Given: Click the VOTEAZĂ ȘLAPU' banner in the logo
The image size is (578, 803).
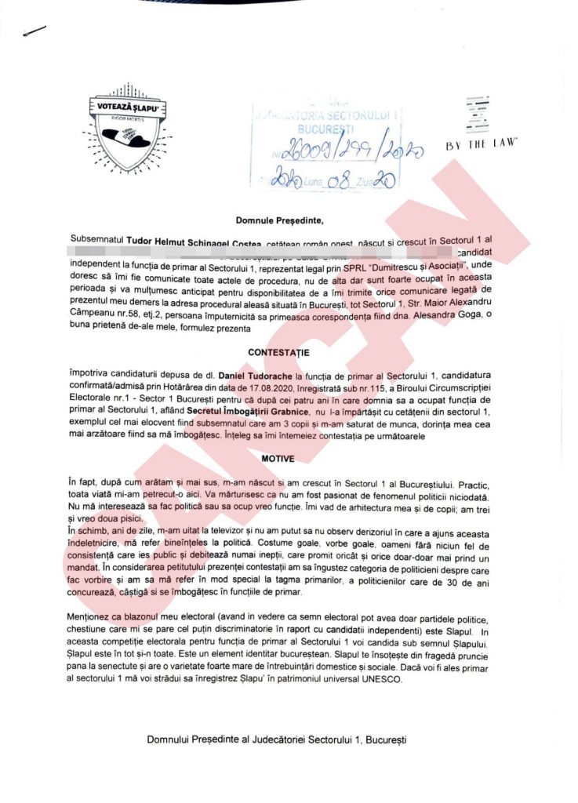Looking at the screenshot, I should click(129, 104).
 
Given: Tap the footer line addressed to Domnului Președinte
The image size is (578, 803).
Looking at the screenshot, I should click(277, 739).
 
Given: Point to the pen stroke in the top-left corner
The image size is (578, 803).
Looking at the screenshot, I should click(35, 31).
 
